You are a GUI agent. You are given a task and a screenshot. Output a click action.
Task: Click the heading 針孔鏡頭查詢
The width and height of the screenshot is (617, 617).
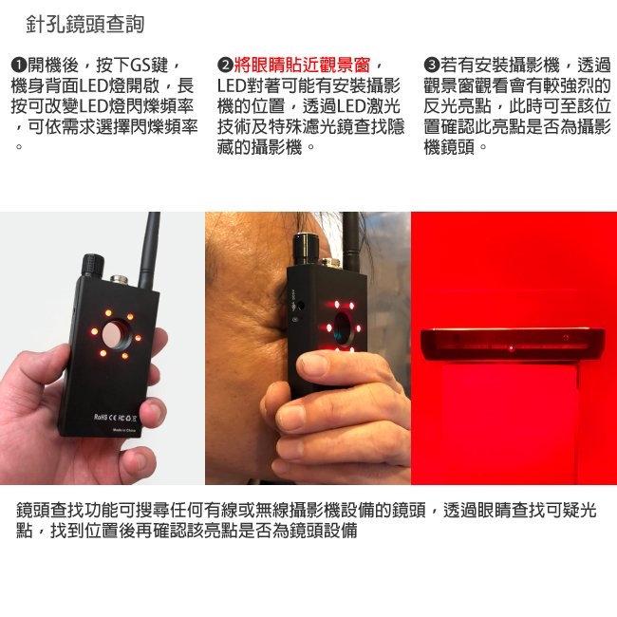85,24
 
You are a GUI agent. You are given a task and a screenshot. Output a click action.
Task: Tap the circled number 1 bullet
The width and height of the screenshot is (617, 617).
18,65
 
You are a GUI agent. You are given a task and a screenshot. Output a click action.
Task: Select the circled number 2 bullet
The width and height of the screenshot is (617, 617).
225,65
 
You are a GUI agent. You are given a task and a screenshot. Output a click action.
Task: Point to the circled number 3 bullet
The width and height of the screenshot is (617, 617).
431,65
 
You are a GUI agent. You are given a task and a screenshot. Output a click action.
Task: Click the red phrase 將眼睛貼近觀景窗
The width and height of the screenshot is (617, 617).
302,65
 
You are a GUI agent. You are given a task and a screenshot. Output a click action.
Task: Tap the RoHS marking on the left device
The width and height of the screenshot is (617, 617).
100,417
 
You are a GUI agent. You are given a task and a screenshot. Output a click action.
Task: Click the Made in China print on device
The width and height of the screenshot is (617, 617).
124,430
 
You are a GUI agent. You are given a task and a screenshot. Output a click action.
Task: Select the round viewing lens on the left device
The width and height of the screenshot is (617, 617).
117,334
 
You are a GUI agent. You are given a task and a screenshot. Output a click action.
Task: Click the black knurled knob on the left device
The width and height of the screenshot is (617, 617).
93,266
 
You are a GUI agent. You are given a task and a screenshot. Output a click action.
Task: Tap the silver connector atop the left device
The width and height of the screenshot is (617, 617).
120,280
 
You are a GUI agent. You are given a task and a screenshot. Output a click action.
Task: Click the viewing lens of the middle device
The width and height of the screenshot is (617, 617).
343,327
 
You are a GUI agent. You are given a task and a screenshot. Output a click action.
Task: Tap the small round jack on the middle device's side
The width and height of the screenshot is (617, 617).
301,305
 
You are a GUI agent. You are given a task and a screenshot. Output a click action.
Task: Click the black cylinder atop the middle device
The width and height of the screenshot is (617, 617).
307,249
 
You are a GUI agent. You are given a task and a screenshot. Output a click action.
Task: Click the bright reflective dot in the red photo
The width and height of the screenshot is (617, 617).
511,348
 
